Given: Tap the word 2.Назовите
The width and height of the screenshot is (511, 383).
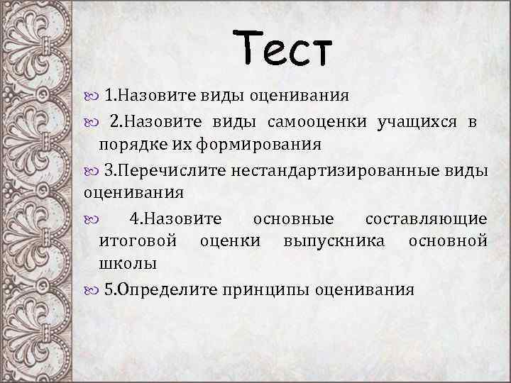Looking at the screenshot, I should coord(155,121).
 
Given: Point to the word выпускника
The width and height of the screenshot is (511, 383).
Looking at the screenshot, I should coord(334,241).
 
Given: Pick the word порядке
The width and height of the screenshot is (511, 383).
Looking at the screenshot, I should coord(128,145).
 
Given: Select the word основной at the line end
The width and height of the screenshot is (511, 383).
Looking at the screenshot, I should coord(447,241).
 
